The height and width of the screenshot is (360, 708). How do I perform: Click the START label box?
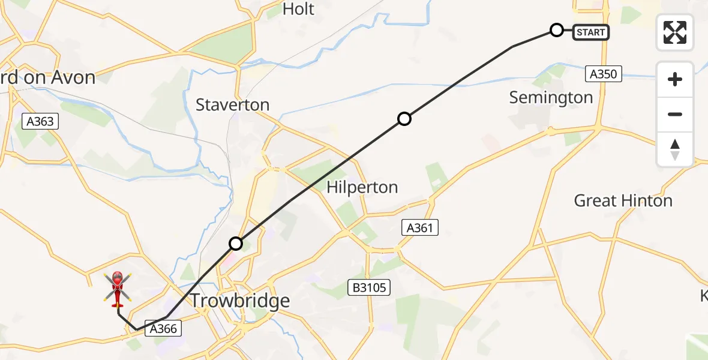tap(591, 32)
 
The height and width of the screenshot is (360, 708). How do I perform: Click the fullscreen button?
tap(675, 32)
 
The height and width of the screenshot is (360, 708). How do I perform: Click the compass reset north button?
tap(675, 149)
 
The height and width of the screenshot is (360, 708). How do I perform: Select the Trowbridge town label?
tap(239, 300)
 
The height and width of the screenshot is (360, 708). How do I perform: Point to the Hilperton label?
tap(362, 187)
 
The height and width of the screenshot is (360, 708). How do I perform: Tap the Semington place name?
tap(551, 97)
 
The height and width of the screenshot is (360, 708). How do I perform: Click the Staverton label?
tap(232, 105)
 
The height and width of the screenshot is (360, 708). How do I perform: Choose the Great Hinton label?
tap(623, 200)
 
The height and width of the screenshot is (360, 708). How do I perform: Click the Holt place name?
tap(298, 9)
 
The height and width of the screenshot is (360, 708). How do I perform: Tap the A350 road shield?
tap(604, 74)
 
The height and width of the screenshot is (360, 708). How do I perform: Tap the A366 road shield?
tap(163, 328)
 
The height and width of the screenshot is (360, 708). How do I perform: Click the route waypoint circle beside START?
tap(557, 30)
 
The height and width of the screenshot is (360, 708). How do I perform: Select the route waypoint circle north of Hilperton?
tap(404, 119)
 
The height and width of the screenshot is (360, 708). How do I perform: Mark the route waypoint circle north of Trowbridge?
tap(236, 244)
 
